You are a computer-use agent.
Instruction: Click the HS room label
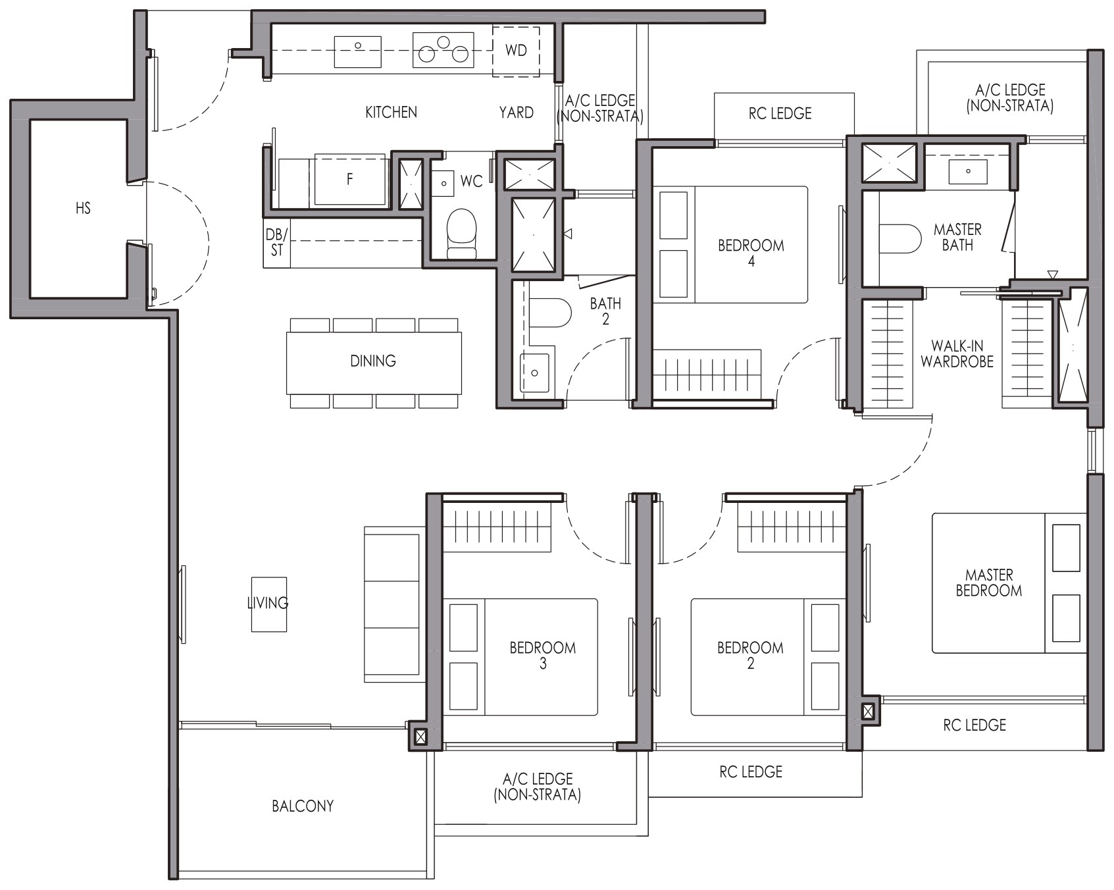[83, 209]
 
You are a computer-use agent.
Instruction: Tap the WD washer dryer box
[516, 51]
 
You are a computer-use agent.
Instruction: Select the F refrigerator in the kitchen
[349, 180]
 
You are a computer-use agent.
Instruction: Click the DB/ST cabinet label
[277, 242]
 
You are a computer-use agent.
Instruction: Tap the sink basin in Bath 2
[534, 373]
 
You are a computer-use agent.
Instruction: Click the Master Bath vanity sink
[968, 171]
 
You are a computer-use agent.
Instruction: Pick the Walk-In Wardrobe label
[957, 353]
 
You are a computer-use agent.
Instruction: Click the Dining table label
[373, 361]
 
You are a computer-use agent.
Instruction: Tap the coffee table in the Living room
[269, 604]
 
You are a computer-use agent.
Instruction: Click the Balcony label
[303, 806]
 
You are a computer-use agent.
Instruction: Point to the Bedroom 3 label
[543, 656]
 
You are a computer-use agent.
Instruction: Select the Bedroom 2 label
[750, 656]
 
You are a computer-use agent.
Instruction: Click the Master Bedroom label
[988, 583]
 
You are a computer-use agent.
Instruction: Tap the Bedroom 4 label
[751, 253]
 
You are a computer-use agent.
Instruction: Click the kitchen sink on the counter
[358, 51]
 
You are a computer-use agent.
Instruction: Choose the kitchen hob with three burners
[443, 50]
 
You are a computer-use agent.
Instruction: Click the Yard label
[516, 113]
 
